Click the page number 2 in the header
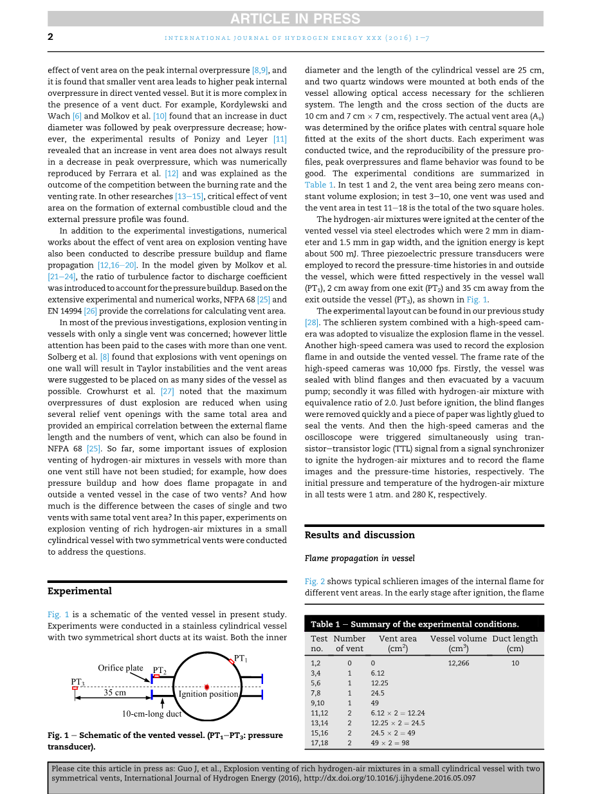pos(50,37)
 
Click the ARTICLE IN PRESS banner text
pos(297,19)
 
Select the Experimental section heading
pos(80,591)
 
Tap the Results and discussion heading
pos(360,535)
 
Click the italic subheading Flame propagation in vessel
pos(360,558)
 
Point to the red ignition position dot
pos(206,687)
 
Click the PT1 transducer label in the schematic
pos(241,658)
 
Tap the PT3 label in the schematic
pos(77,681)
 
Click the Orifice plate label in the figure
pos(120,668)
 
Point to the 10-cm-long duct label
pos(152,714)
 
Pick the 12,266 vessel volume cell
pos(458,663)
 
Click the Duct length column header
pos(515,643)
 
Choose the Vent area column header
pos(398,643)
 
